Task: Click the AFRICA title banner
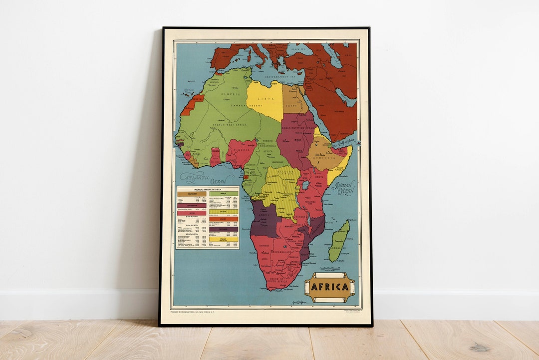point(330,287)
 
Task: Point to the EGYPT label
point(291,106)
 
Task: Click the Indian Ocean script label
point(344,187)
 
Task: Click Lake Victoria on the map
point(305,185)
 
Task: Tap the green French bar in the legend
point(224,193)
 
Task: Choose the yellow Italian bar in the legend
point(224,239)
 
